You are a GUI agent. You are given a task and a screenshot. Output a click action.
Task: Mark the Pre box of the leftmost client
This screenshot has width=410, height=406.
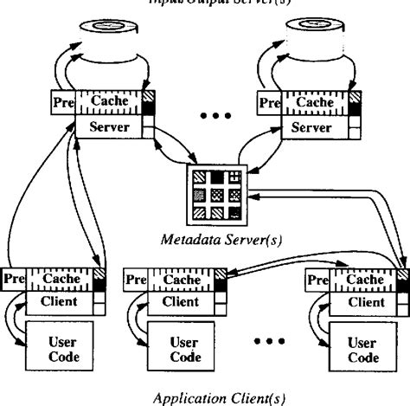pos(12,279)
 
